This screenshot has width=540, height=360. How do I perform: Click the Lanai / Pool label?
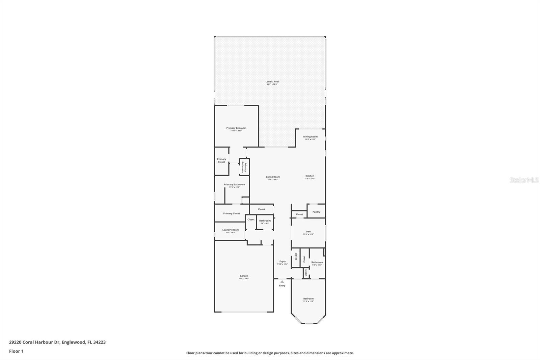point(272,82)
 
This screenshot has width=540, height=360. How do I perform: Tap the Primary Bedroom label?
point(236,128)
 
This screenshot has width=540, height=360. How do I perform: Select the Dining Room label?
point(310,137)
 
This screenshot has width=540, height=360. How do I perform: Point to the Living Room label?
point(273,177)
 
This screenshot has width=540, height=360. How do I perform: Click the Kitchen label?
point(310,176)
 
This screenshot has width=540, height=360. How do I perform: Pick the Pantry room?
point(316,212)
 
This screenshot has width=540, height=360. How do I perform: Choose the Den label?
point(308,232)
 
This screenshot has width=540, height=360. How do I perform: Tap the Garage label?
point(244,276)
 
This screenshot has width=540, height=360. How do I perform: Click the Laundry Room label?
point(231,230)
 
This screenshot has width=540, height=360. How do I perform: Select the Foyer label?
point(282,262)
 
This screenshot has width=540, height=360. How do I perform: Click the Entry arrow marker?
point(282,281)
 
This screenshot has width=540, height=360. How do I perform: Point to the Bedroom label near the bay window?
point(308,299)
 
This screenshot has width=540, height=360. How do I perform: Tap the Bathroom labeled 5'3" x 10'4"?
point(317,262)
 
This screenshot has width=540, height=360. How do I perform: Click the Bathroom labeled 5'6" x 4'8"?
point(265,221)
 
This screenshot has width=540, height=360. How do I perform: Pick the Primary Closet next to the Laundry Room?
point(232,213)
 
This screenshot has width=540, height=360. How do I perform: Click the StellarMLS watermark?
point(524,180)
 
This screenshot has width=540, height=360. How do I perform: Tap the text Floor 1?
point(16,351)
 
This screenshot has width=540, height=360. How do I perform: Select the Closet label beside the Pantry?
point(299,214)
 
